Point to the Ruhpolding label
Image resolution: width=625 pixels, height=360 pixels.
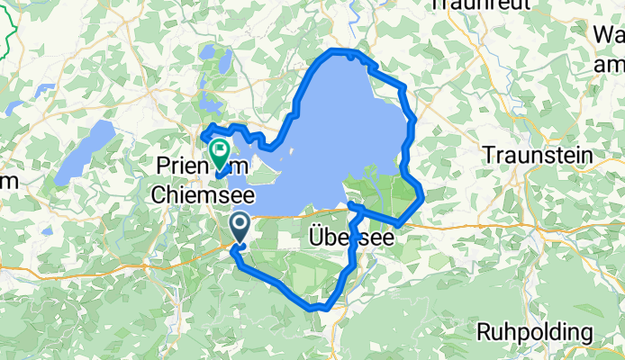coord(535,331)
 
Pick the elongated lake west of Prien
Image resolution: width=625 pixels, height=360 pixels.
coord(84,154)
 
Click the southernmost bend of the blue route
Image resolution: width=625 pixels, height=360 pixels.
coord(321,307)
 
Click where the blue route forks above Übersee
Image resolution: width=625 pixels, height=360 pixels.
coord(350,208)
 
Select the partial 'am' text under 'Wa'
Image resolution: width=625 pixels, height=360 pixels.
coord(609,65)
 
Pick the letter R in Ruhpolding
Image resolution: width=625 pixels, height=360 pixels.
coord(484,331)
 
